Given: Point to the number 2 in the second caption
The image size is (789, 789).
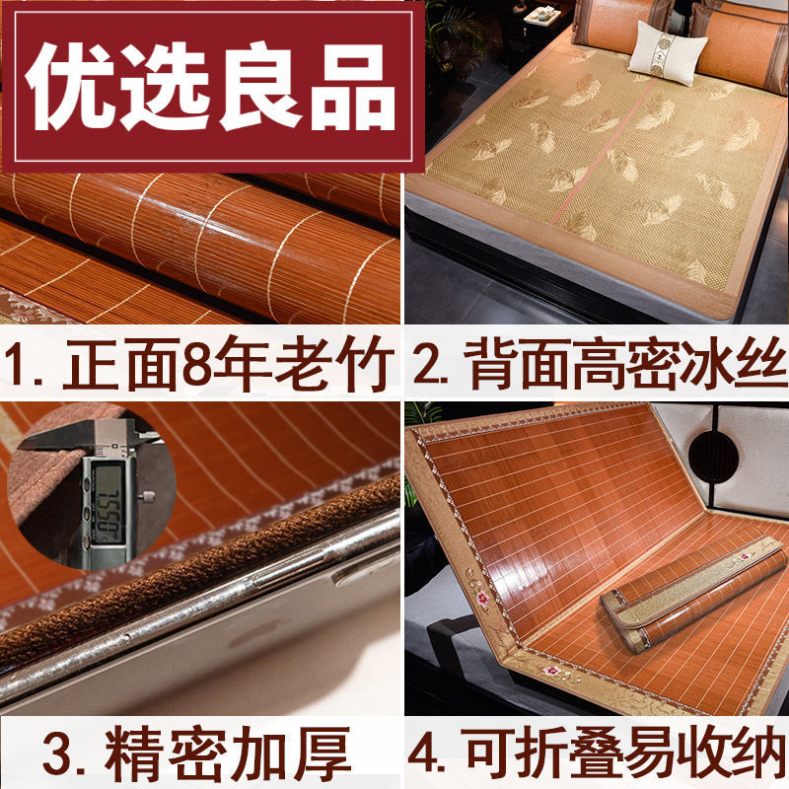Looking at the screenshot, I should (427, 363).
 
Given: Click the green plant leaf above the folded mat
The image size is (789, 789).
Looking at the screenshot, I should (424, 412).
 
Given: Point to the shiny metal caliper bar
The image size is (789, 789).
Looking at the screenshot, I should (197, 641).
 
